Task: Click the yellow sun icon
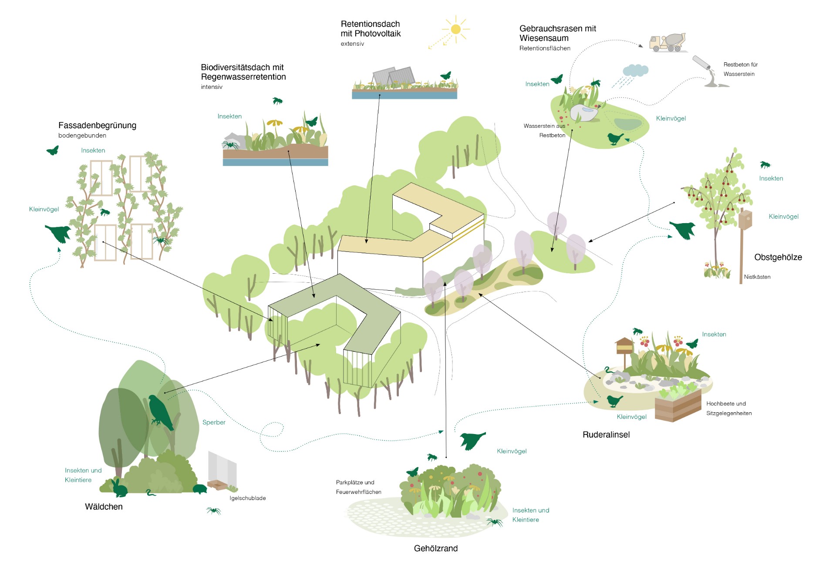(455, 29)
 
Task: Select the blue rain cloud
(635, 70)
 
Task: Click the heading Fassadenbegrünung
(97, 126)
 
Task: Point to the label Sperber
(214, 422)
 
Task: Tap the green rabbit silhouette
(119, 488)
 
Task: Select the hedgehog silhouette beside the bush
(200, 489)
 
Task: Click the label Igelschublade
(248, 498)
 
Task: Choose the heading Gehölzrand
(436, 549)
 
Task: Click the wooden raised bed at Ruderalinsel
(678, 406)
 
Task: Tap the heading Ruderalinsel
(606, 434)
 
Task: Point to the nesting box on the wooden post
(745, 219)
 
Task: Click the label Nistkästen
(757, 277)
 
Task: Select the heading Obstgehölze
(778, 257)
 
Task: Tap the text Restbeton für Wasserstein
(741, 69)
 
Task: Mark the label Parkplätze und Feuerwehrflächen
(359, 487)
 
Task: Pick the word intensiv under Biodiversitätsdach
(212, 87)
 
